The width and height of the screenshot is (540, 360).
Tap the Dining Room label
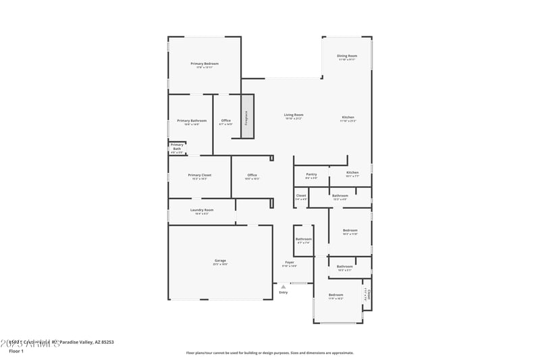click(347, 56)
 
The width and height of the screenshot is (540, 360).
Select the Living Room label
click(293, 115)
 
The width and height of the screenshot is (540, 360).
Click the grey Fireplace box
click(246, 117)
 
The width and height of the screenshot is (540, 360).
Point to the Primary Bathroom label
click(192, 121)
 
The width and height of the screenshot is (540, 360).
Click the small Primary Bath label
click(176, 146)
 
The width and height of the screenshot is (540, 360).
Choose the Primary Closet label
click(199, 175)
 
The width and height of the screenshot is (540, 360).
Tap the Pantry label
click(311, 174)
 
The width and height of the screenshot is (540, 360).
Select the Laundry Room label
click(201, 210)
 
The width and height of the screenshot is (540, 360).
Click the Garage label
click(220, 260)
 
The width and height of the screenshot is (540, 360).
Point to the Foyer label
click(289, 262)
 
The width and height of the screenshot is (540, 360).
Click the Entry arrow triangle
click(283, 287)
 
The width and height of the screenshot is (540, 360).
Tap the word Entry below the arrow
click(283, 292)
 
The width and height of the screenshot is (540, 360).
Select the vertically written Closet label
click(369, 295)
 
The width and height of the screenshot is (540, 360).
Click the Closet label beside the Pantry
click(301, 195)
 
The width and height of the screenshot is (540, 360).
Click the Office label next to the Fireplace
click(225, 121)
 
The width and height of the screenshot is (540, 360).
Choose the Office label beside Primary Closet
click(251, 175)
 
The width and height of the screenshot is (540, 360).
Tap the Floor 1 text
click(16, 351)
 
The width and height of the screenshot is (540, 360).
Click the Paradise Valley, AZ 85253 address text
click(86, 342)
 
